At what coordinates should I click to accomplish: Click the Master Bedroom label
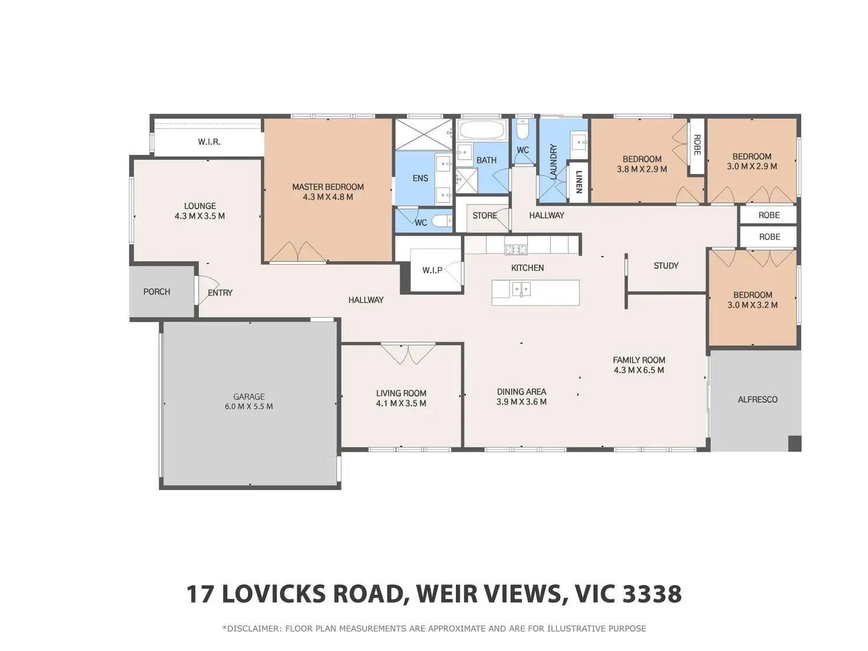click(x=328, y=186)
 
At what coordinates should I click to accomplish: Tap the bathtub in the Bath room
click(x=482, y=130)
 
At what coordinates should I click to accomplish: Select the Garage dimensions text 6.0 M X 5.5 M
click(x=249, y=406)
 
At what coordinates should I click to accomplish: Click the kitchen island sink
click(x=521, y=289)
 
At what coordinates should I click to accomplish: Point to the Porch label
click(x=157, y=292)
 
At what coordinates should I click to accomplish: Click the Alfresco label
click(x=757, y=400)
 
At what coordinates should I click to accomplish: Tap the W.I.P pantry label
click(x=432, y=270)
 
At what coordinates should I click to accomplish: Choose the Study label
click(x=666, y=265)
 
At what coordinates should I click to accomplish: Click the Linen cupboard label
click(x=579, y=182)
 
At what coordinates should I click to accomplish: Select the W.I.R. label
click(x=209, y=142)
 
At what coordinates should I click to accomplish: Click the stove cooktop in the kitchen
click(x=515, y=249)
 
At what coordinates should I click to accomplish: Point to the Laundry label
click(x=553, y=161)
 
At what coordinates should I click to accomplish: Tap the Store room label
click(x=485, y=215)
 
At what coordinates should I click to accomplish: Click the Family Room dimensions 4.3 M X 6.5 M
click(x=639, y=370)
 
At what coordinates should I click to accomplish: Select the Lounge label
click(x=200, y=206)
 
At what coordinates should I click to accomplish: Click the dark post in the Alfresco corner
click(x=794, y=443)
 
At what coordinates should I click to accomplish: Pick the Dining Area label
click(x=522, y=392)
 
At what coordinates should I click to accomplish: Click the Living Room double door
click(x=408, y=353)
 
